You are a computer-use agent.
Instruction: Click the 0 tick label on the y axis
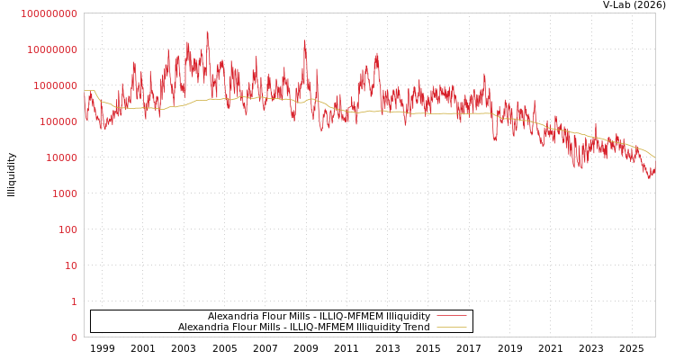74,337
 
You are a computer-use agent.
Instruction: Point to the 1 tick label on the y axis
74,301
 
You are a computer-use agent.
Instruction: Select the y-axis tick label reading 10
70,265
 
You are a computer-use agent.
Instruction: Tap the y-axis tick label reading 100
67,229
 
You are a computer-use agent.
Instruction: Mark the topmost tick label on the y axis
49,13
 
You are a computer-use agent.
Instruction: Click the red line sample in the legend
451,317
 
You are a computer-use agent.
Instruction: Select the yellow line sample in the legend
451,328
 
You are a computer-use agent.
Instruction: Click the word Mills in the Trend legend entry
273,328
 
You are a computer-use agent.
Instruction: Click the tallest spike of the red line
207,32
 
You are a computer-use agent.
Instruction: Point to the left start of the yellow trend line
85,91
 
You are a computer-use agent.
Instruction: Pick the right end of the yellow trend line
654,157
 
